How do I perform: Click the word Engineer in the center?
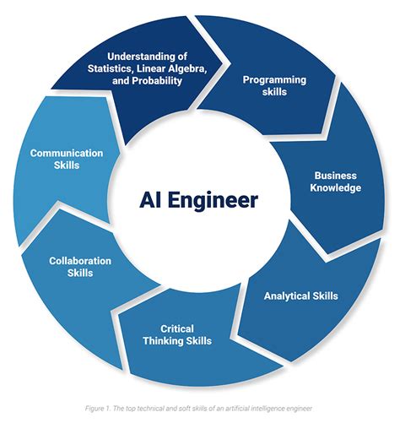pyautogui.click(x=214, y=201)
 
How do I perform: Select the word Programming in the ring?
pyautogui.click(x=274, y=80)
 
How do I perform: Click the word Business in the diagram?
pyautogui.click(x=336, y=176)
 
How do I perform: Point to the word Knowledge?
pyautogui.click(x=336, y=188)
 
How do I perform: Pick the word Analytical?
pyautogui.click(x=286, y=296)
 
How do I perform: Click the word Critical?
pyautogui.click(x=177, y=328)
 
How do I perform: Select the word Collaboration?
pyautogui.click(x=80, y=261)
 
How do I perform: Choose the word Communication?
pyautogui.click(x=67, y=153)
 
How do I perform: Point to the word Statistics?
pyautogui.click(x=109, y=69)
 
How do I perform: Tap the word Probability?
pyautogui.click(x=157, y=81)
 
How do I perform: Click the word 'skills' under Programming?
pyautogui.click(x=274, y=92)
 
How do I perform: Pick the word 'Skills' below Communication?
pyautogui.click(x=67, y=165)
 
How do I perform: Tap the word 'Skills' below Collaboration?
pyautogui.click(x=80, y=273)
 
